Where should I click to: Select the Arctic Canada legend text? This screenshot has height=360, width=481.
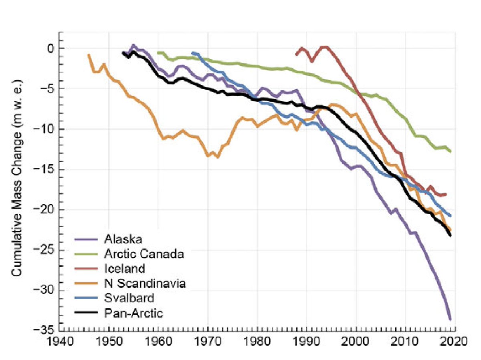[138, 254]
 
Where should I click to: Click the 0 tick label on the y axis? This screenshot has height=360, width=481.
[50, 48]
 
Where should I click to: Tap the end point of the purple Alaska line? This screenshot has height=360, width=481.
[450, 319]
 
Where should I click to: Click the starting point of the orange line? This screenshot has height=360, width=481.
[89, 55]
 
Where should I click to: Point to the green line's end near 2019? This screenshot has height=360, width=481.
[450, 151]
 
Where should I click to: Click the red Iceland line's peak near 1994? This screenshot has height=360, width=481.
[325, 47]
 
